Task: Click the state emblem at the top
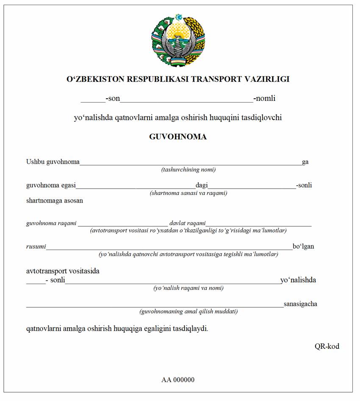pos(178,40)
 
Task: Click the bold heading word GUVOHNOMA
pos(178,137)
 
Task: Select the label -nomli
pos(264,99)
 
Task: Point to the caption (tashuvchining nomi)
pos(188,170)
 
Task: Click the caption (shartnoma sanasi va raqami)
pos(188,193)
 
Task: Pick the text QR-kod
pos(327,346)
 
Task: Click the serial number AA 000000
pos(178,380)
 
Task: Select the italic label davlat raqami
pos(187,223)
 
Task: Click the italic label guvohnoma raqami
pos(51,223)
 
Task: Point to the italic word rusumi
pos(36,247)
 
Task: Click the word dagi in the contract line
pos(202,185)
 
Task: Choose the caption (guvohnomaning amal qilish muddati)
pos(188,312)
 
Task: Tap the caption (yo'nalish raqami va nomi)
pos(188,288)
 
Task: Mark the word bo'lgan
pos(303,246)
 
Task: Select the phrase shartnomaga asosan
pos(55,200)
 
